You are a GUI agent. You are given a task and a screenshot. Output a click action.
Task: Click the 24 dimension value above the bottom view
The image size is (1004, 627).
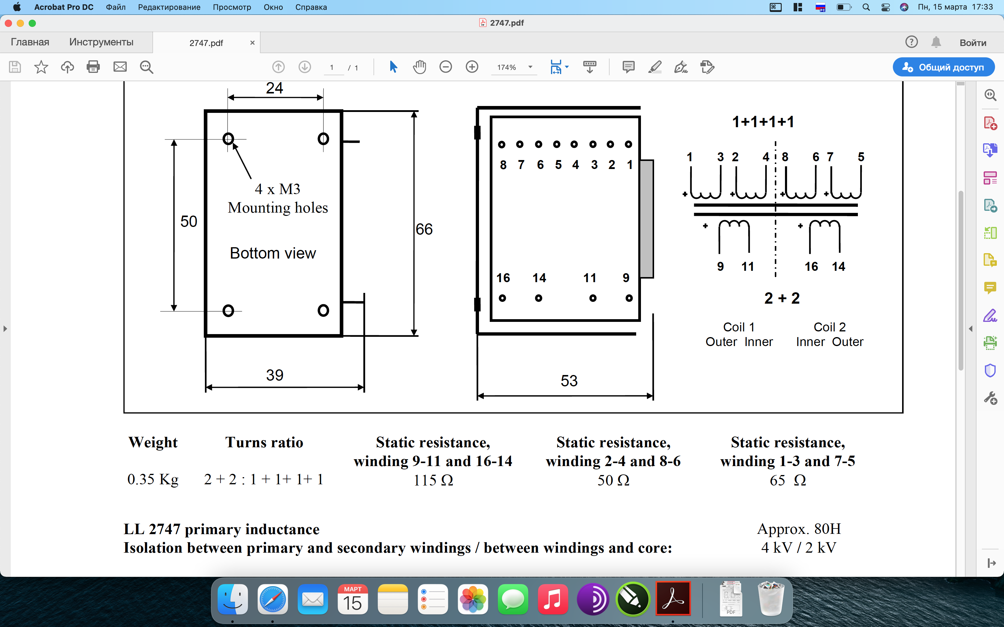(x=274, y=88)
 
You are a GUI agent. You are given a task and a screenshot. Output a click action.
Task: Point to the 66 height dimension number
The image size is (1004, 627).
(x=424, y=229)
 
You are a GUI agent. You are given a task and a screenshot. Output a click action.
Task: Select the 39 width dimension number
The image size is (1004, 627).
(x=274, y=375)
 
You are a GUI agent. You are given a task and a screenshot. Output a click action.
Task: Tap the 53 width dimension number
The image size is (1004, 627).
(x=569, y=381)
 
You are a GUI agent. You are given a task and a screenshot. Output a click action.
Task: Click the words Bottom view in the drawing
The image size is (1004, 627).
(x=273, y=253)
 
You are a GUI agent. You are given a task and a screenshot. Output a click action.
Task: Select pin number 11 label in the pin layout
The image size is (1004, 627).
(x=590, y=278)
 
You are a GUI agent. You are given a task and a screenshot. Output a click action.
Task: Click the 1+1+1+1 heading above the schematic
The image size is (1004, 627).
(x=763, y=122)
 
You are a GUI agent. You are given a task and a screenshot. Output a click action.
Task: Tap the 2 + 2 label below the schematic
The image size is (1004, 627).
(x=782, y=298)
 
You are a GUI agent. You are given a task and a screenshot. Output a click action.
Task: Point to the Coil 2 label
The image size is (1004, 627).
(x=829, y=327)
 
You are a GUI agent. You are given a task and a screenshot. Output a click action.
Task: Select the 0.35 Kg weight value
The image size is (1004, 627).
(x=153, y=480)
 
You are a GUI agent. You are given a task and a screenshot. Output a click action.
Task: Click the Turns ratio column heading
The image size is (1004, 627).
(x=264, y=442)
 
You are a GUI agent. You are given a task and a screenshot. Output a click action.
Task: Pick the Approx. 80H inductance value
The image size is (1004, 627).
(x=799, y=529)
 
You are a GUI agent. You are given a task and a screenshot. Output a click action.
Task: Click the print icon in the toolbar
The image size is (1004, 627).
(x=93, y=67)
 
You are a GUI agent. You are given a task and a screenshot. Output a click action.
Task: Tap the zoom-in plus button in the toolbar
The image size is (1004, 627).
(x=472, y=67)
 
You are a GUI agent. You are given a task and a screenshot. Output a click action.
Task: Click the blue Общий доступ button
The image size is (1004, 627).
(x=943, y=67)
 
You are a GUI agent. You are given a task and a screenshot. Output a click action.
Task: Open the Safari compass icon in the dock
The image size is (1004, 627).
(x=273, y=599)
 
